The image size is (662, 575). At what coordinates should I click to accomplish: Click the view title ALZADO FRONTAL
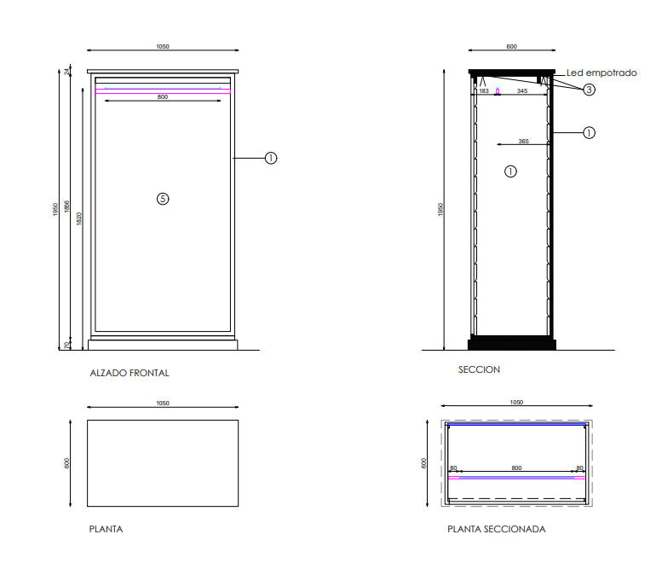click(130, 373)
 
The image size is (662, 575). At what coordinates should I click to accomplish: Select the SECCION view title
click(479, 369)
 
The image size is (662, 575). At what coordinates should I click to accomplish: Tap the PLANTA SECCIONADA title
click(497, 529)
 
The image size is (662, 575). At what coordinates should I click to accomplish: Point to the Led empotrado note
click(602, 73)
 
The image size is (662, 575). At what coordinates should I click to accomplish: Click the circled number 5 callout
click(163, 199)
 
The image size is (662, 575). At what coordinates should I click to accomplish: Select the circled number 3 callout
click(589, 90)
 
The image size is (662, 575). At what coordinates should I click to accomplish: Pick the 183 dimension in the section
click(484, 91)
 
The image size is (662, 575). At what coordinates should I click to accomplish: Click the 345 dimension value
click(522, 91)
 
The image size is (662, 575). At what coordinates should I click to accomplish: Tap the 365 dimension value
click(523, 142)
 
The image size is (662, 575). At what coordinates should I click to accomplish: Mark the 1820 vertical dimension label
click(79, 218)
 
